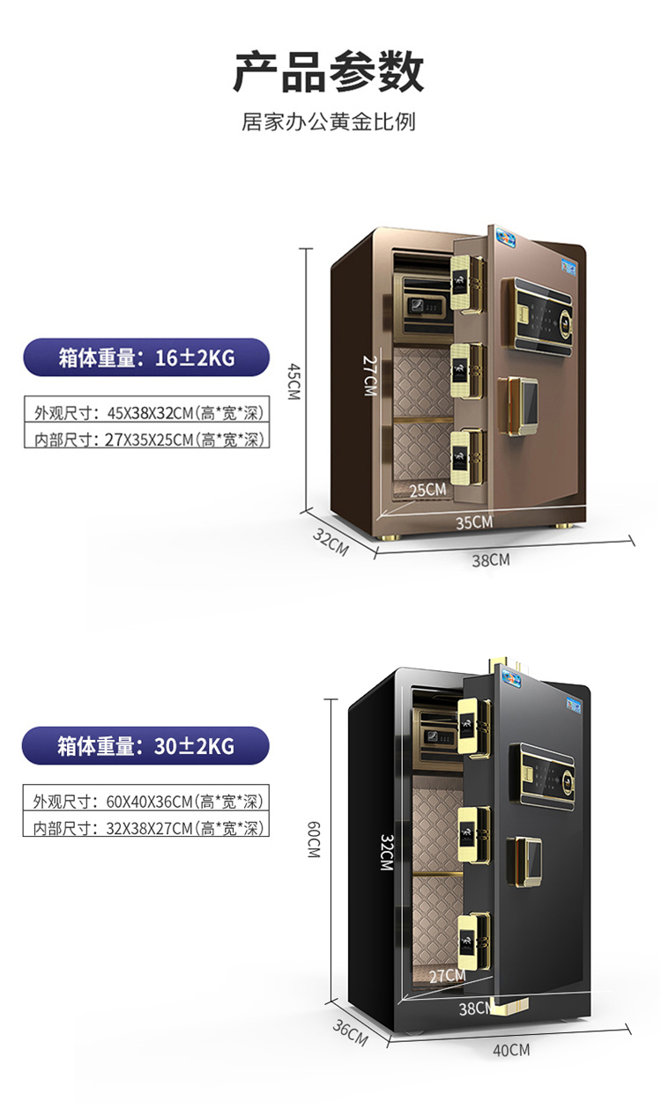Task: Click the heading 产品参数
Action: click(x=329, y=73)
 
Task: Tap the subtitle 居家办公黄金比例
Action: click(x=329, y=122)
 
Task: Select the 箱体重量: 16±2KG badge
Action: click(x=145, y=358)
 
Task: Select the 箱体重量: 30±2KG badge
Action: click(x=145, y=746)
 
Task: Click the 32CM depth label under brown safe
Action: click(x=330, y=542)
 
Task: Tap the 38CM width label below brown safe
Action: click(x=490, y=559)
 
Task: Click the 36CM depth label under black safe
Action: click(x=350, y=1031)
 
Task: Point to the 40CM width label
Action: click(x=511, y=1049)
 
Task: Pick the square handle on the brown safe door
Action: click(x=521, y=408)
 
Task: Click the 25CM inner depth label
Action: click(x=427, y=490)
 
